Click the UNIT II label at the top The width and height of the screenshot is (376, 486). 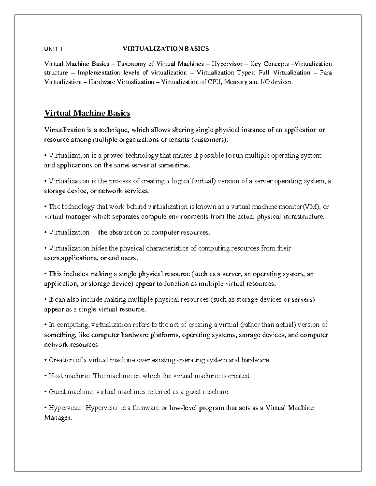click(x=54, y=49)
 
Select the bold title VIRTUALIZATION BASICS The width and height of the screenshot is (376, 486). click(x=166, y=49)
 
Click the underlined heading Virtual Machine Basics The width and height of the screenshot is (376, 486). click(x=87, y=113)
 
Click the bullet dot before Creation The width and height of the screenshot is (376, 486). click(x=46, y=360)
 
